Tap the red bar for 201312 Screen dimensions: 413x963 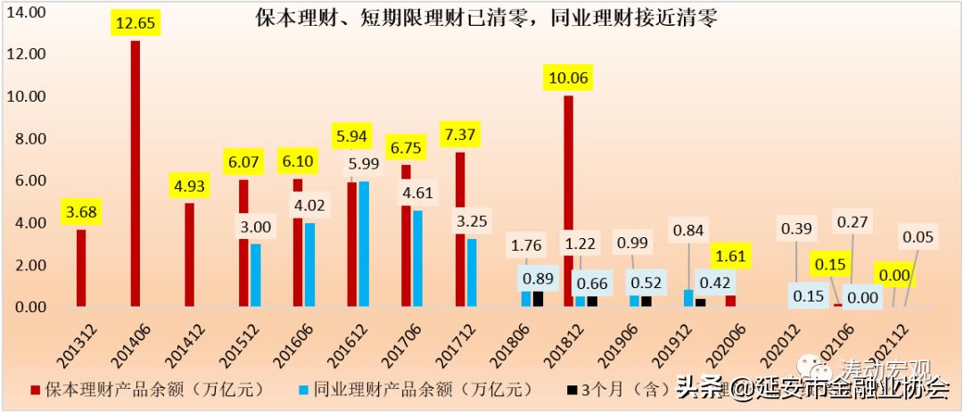[x=81, y=268]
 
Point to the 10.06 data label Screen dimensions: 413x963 [x=568, y=78]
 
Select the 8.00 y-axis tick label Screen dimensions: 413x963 [x=27, y=139]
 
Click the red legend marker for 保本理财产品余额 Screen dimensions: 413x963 [x=36, y=389]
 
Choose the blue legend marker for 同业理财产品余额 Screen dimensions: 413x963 [x=304, y=389]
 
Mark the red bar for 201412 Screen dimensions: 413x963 [x=190, y=255]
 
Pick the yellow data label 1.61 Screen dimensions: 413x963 [x=730, y=256]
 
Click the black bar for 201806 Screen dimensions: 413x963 [x=538, y=298]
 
